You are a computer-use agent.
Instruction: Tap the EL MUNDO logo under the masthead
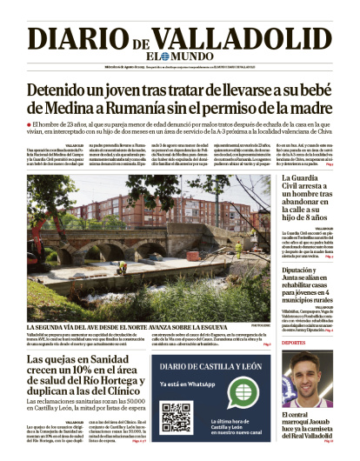coord(179,56)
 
